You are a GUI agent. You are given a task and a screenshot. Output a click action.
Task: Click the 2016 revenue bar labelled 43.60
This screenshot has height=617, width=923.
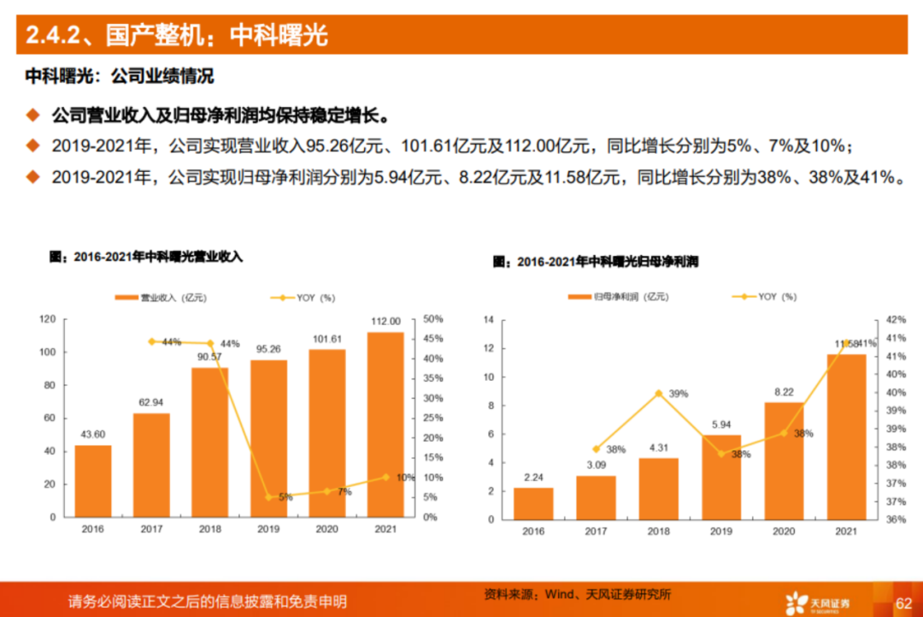92,481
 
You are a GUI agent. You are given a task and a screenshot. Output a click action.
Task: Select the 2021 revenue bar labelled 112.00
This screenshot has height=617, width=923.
385,424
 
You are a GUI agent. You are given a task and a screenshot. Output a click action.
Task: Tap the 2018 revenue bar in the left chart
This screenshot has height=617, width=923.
209,442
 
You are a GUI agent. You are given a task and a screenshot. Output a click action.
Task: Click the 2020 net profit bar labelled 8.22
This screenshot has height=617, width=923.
784,460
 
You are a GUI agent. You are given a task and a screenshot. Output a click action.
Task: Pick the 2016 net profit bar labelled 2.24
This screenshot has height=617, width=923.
533,503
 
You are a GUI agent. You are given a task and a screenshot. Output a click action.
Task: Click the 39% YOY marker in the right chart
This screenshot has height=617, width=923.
658,393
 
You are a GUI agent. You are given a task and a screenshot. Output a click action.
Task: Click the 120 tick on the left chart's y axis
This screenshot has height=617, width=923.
47,319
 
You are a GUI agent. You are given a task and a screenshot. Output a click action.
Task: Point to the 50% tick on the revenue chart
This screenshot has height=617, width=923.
433,319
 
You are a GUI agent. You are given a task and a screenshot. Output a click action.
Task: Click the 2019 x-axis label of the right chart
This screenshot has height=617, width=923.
721,531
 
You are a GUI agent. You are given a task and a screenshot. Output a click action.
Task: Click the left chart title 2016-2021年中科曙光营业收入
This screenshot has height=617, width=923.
146,256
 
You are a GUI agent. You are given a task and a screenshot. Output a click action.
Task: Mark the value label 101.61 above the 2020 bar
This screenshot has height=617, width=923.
326,339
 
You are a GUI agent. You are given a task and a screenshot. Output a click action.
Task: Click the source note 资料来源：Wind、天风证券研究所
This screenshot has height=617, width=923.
578,594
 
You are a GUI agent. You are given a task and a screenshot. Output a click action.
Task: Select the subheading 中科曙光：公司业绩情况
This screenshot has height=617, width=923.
119,76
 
